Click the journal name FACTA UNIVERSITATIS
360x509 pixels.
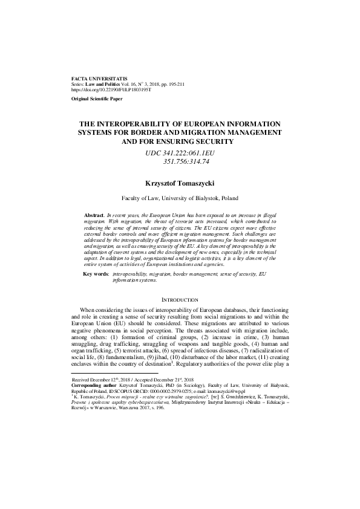(99, 79)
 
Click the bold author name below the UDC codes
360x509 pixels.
(180, 181)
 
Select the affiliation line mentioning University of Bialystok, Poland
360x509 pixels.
(180, 198)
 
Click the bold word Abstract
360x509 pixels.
(94, 215)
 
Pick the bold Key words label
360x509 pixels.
(96, 274)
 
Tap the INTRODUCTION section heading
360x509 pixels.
(180, 300)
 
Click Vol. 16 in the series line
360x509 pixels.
(129, 84)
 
